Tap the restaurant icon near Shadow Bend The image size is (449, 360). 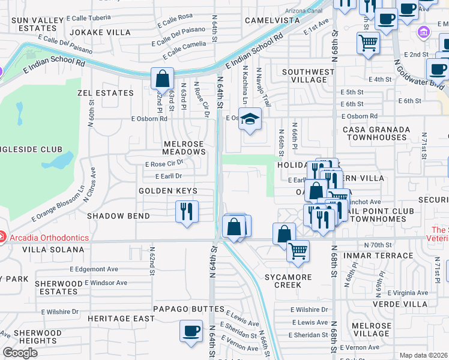(x=187, y=211)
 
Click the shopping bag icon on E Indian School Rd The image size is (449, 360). (x=162, y=78)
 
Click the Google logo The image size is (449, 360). (x=20, y=353)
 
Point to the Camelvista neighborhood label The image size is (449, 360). (x=273, y=20)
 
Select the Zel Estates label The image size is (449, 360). (x=106, y=94)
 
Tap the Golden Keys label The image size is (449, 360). (x=168, y=191)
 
